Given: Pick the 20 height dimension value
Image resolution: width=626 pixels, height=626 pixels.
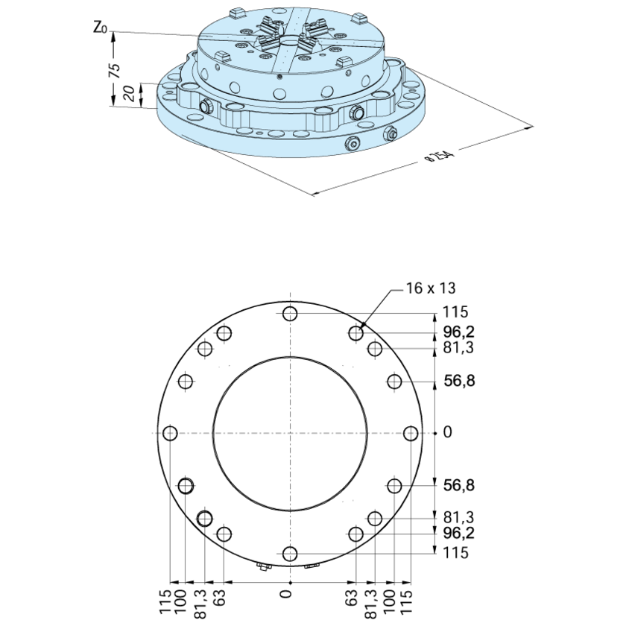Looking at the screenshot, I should [x=128, y=94].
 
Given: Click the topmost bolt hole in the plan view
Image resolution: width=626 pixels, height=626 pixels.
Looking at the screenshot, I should [x=290, y=314].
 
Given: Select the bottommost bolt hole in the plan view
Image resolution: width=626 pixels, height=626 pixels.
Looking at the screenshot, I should [x=290, y=552].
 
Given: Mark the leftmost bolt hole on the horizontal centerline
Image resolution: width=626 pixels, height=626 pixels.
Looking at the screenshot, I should [x=171, y=433].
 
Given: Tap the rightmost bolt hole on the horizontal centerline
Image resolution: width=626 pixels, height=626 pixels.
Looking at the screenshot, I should [x=410, y=433].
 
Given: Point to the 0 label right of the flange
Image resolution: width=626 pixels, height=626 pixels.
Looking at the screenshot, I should [x=447, y=432].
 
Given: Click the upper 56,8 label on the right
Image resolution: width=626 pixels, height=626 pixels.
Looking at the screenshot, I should [x=458, y=381].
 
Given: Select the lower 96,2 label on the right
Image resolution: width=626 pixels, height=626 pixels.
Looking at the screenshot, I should [x=458, y=533].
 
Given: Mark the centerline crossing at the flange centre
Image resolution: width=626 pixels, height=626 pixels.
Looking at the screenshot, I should [x=290, y=433].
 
